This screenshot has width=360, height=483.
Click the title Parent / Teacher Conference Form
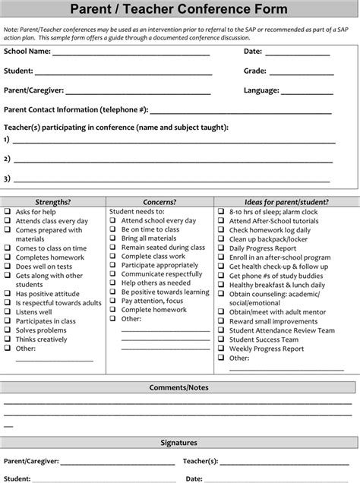179,9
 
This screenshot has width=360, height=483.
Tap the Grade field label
256,71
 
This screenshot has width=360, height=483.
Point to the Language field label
262,90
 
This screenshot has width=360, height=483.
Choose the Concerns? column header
159,202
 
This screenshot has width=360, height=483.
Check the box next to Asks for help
8,211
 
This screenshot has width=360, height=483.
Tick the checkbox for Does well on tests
8,267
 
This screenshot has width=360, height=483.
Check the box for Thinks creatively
8,339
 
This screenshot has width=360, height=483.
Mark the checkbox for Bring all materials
114,238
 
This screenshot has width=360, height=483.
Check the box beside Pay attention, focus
114,301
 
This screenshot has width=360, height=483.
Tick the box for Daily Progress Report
221,248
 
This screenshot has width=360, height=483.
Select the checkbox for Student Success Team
221,339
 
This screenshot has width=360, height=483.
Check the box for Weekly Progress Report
221,349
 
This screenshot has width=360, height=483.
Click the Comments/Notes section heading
179,387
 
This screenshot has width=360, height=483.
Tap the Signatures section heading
179,442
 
